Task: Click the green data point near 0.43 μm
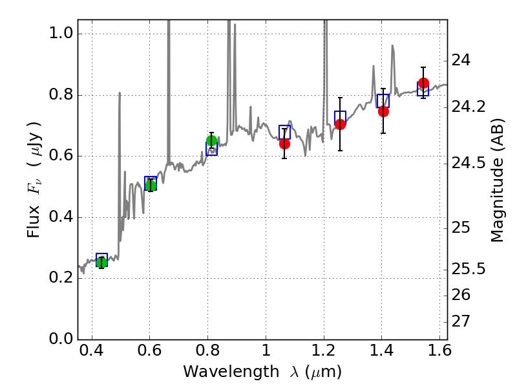pyautogui.click(x=101, y=262)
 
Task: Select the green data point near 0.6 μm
pyautogui.click(x=151, y=186)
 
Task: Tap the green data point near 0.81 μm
pyautogui.click(x=211, y=141)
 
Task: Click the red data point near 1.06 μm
pyautogui.click(x=284, y=144)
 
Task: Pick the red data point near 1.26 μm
pyautogui.click(x=341, y=124)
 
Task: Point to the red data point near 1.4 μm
pyautogui.click(x=383, y=111)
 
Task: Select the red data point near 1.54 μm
pyautogui.click(x=423, y=83)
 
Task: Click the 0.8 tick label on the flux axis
pyautogui.click(x=60, y=95)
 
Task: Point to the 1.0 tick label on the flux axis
pyautogui.click(x=60, y=34)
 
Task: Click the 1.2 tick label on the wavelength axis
pyautogui.click(x=323, y=353)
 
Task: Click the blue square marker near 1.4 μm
pyautogui.click(x=383, y=101)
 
